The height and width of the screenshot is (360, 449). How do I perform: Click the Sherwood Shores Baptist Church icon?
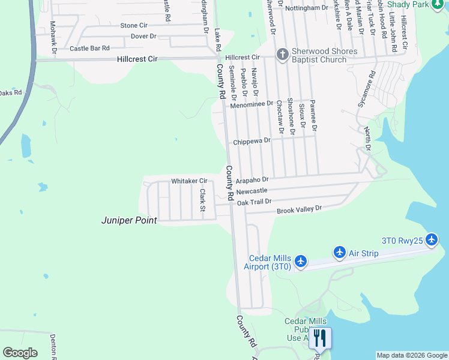click(282, 55)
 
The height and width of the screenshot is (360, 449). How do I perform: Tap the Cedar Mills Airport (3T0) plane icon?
click(301, 262)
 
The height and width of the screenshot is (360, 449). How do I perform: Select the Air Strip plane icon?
click(340, 252)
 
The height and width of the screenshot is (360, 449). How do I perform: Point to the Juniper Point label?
click(128, 221)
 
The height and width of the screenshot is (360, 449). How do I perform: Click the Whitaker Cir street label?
click(189, 181)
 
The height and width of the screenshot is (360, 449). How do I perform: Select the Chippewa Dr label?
click(252, 142)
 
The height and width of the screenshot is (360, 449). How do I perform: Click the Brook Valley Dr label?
click(299, 210)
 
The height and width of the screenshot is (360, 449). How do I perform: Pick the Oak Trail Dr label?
click(255, 202)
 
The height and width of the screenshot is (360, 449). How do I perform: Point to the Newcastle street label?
click(252, 191)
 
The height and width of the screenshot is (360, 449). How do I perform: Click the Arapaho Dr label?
click(252, 179)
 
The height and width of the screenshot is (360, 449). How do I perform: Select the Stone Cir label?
click(134, 26)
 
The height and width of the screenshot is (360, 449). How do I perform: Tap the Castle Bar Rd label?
click(89, 48)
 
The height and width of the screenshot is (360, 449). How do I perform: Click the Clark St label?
click(203, 200)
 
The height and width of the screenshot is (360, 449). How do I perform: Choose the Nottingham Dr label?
click(307, 8)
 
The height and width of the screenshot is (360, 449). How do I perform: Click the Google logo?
click(20, 353)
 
